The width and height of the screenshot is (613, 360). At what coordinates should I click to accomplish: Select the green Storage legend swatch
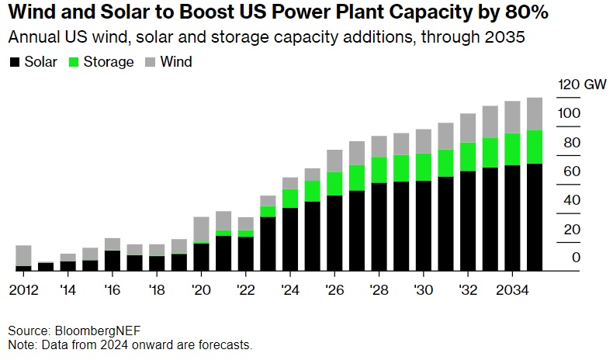(75, 62)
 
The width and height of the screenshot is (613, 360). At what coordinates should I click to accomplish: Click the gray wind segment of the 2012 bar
(23, 255)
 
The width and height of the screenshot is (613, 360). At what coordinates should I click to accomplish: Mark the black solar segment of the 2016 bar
(113, 261)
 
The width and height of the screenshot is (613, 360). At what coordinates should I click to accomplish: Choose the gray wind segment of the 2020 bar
(201, 230)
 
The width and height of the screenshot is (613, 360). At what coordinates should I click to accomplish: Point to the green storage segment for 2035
(535, 147)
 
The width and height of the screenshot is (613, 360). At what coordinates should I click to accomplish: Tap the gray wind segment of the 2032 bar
(468, 128)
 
